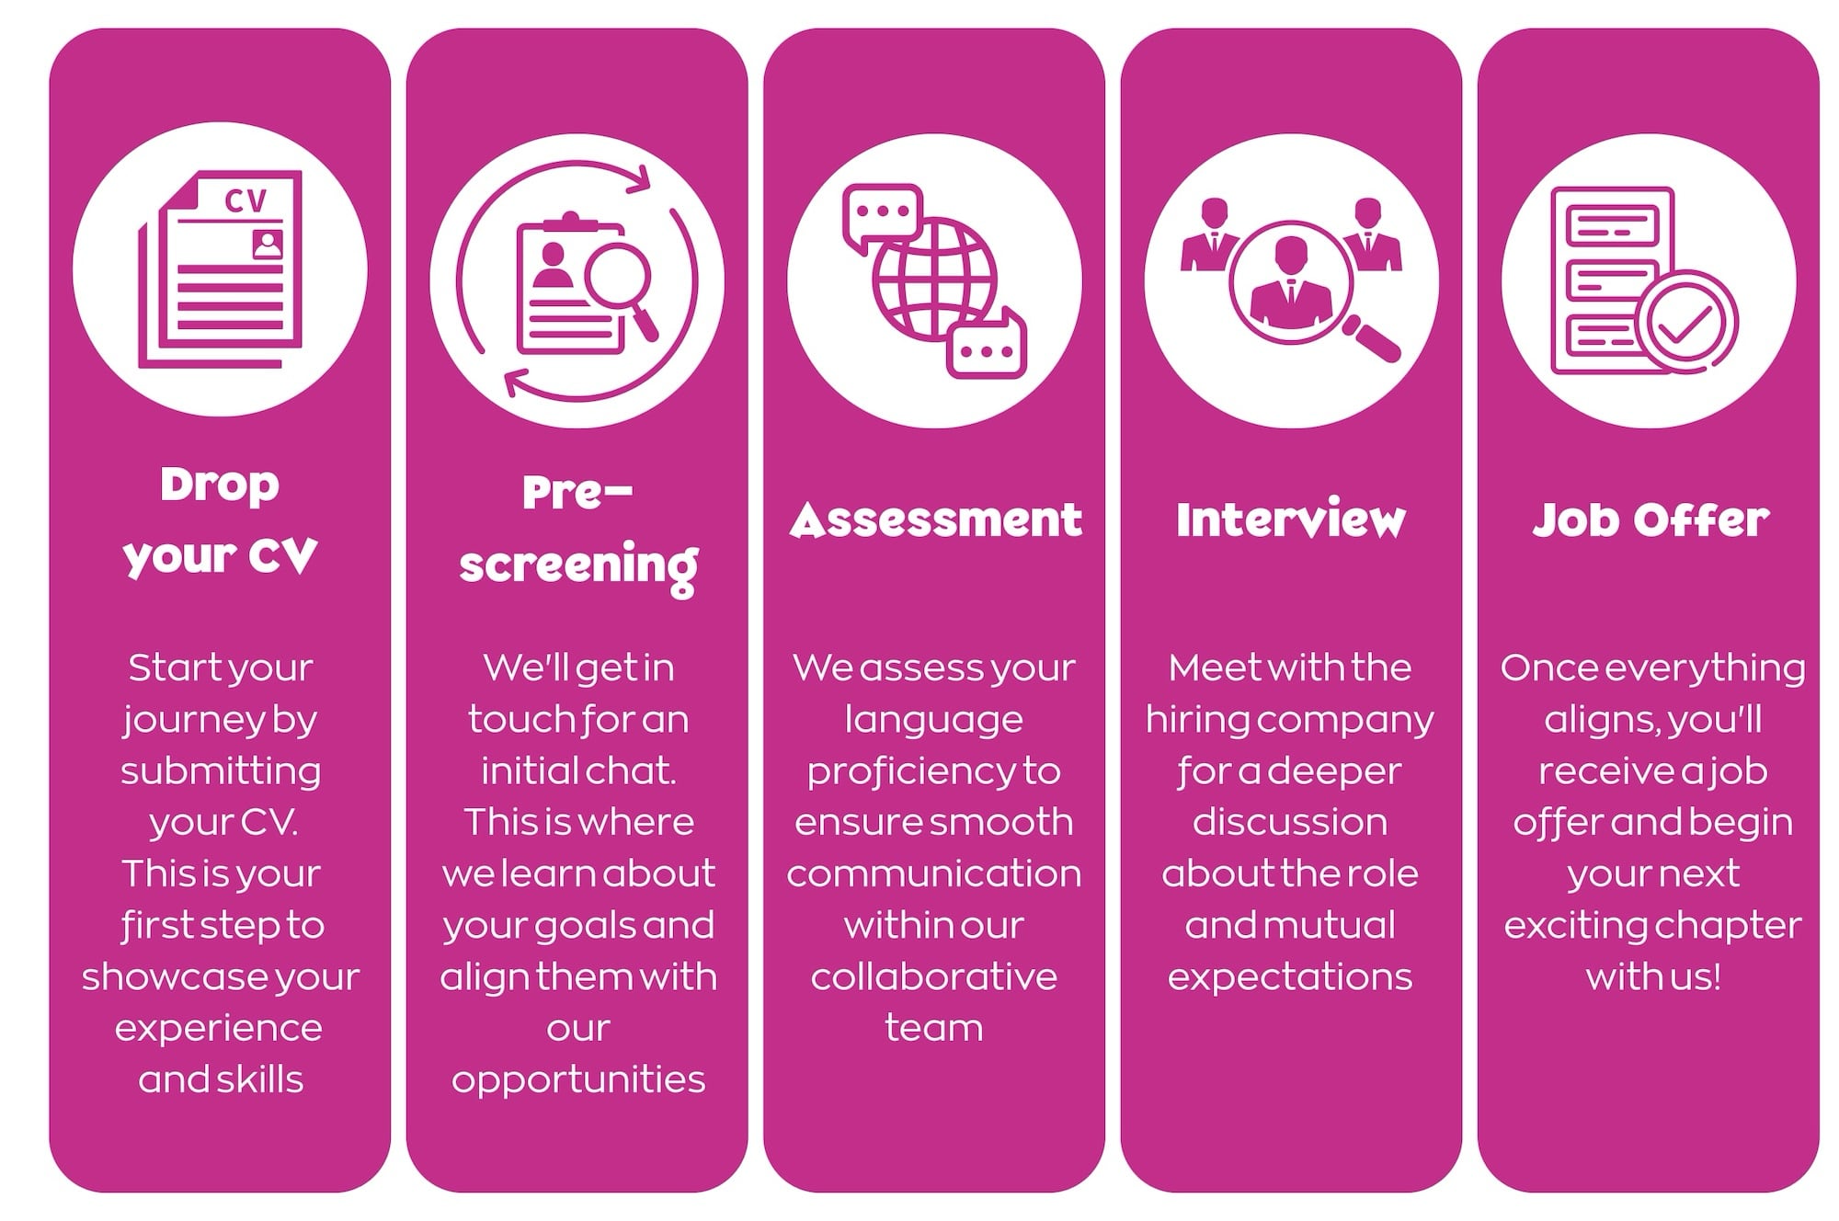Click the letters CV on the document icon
[245, 200]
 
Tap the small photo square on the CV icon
[268, 245]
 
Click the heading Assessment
[935, 520]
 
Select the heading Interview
[1291, 519]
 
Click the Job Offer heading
[1651, 519]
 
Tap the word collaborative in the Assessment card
[934, 976]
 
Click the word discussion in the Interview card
[1290, 822]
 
